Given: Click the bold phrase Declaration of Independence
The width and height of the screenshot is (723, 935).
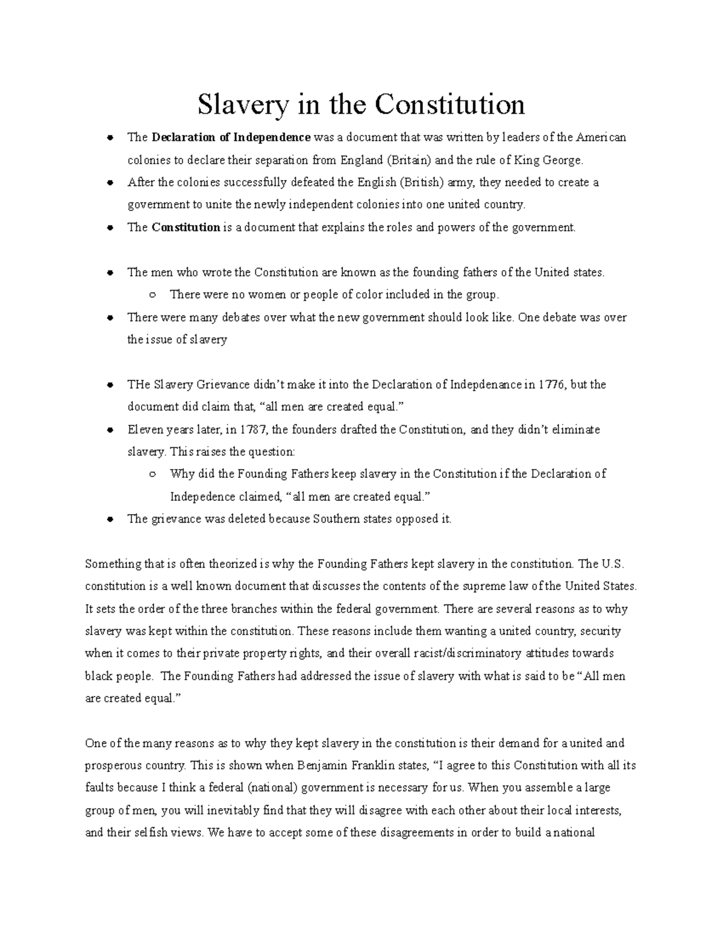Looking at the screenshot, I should (x=231, y=137).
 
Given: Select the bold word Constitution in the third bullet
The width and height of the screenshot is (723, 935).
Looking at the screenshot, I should (x=186, y=228).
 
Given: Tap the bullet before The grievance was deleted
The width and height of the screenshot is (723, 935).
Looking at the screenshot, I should (x=110, y=519).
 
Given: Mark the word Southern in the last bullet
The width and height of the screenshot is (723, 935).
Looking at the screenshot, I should (x=334, y=519).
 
